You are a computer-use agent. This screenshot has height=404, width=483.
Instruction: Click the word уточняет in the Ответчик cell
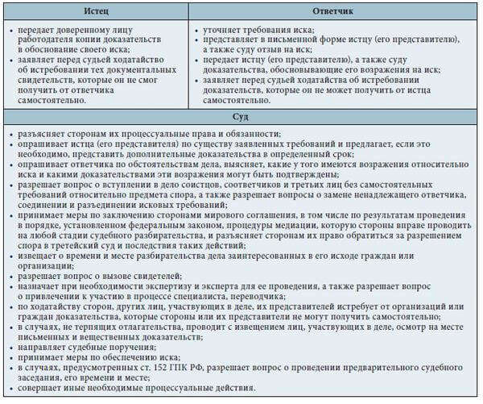[x=223, y=29]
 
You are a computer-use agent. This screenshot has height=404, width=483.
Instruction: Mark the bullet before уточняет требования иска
[x=198, y=29]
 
